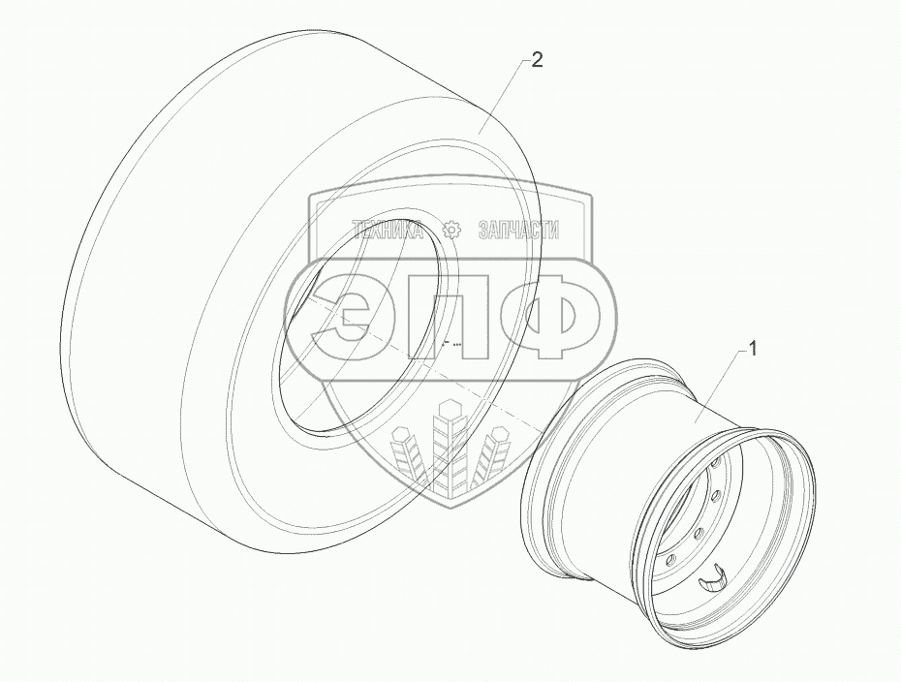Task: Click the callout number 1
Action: [x=752, y=348]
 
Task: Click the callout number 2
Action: [x=536, y=59]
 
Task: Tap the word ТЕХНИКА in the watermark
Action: [x=388, y=231]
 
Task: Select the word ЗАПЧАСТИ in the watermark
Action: [x=519, y=231]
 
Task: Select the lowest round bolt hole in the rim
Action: [x=672, y=559]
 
